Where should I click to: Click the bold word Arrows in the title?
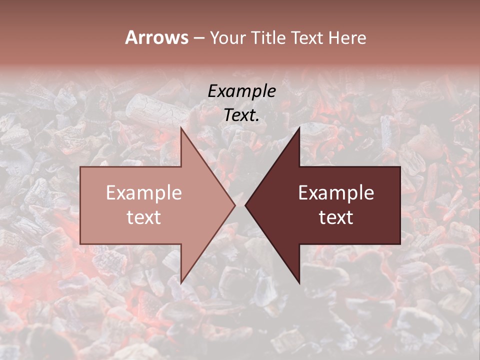pyautogui.click(x=156, y=37)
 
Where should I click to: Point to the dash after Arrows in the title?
pyautogui.click(x=198, y=38)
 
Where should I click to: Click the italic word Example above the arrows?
pyautogui.click(x=241, y=91)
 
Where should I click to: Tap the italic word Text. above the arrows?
pyautogui.click(x=241, y=115)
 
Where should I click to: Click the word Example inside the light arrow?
pyautogui.click(x=144, y=193)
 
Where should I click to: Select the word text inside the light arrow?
pyautogui.click(x=144, y=217)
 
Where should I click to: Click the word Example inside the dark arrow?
pyautogui.click(x=336, y=193)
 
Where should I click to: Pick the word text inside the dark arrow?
pyautogui.click(x=336, y=217)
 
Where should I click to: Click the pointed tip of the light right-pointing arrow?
pyautogui.click(x=235, y=205)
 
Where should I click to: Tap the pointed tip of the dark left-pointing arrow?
pyautogui.click(x=245, y=205)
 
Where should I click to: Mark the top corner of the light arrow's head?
pyautogui.click(x=181, y=127)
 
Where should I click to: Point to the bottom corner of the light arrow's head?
pyautogui.click(x=181, y=283)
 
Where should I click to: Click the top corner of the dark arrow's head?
pyautogui.click(x=299, y=127)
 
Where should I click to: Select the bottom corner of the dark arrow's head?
pyautogui.click(x=299, y=283)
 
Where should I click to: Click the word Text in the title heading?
pyautogui.click(x=307, y=37)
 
